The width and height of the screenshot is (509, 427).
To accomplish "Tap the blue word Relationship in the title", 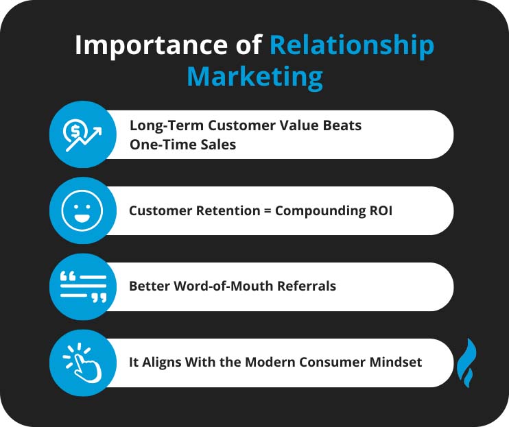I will click(351, 45).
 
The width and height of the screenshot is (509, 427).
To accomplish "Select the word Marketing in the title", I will click(254, 77).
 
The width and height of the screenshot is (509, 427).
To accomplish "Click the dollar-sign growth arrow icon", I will click(82, 134).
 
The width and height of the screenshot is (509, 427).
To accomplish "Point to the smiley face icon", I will click(82, 210).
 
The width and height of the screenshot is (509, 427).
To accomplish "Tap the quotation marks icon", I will click(82, 286).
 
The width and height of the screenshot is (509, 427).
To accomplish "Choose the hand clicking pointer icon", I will click(82, 363).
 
